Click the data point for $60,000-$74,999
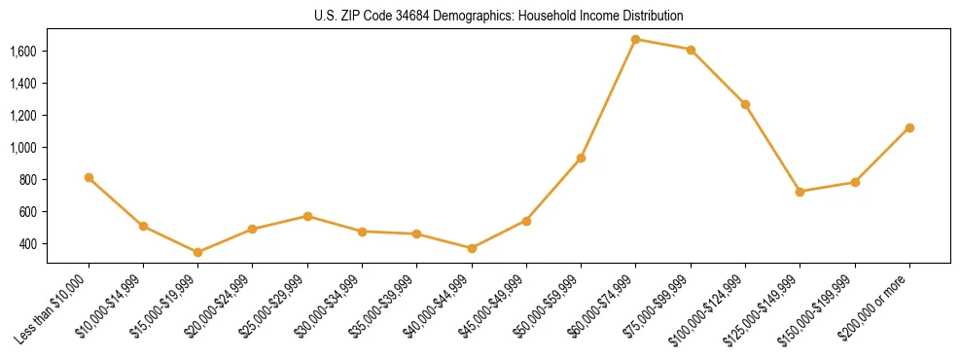point(635,40)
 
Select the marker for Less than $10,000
point(89,178)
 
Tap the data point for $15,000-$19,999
point(197,252)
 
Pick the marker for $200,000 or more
point(909,127)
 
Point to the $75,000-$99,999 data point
point(691,50)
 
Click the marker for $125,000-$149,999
point(800,192)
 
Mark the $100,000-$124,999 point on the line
point(745,104)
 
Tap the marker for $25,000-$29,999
point(307,216)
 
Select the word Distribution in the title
point(655,17)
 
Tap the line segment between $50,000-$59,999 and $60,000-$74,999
point(608,99)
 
